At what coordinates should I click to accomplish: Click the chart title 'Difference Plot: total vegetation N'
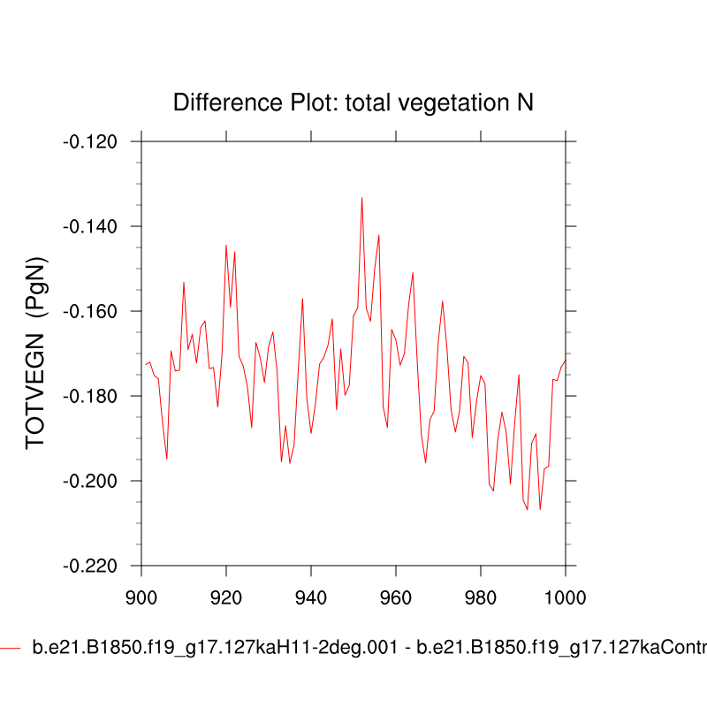(353, 103)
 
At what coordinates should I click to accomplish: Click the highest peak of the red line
(361, 198)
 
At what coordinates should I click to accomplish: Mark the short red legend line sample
(10, 649)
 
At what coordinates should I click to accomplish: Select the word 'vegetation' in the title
(452, 103)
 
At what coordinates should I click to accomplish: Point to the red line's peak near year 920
(226, 245)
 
